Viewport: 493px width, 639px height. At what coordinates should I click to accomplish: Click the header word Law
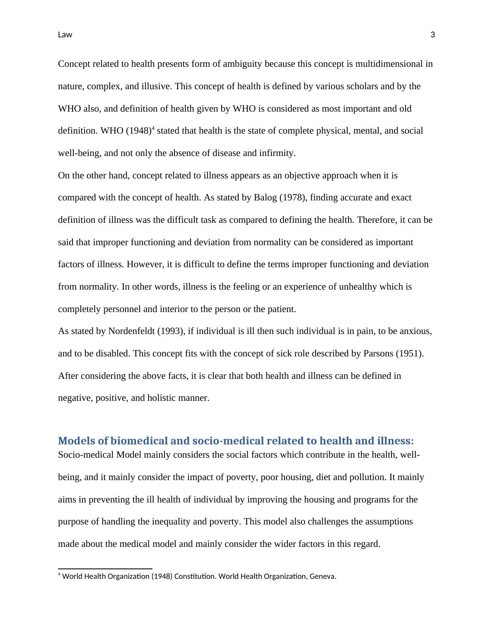[65, 35]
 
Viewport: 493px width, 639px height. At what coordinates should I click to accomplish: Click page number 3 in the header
[433, 35]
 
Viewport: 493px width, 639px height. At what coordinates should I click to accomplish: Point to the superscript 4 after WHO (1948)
[153, 129]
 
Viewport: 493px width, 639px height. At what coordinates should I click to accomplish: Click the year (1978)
[292, 198]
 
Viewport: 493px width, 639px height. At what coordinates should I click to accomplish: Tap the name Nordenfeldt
[132, 331]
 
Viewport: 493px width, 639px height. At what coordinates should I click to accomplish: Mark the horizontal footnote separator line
[105, 569]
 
